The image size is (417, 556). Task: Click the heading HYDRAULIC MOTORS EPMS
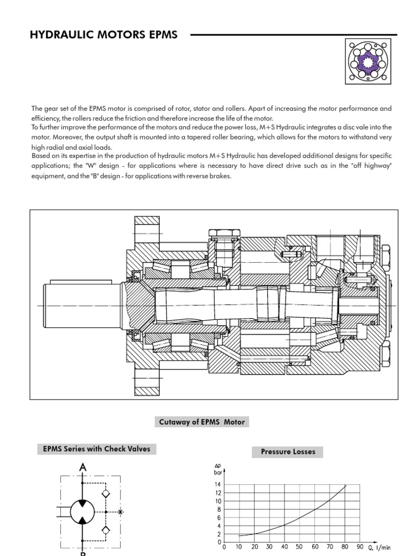pos(104,35)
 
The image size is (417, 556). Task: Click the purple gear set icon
pos(368,62)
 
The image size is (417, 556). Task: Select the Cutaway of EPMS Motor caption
pos(202,422)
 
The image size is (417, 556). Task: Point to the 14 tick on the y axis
pos(218,484)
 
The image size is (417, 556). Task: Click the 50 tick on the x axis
pos(299,547)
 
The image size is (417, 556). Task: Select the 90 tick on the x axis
pos(359,547)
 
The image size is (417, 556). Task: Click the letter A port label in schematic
pos(83,467)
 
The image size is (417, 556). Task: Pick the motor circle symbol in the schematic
pos(83,511)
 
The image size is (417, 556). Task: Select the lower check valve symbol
pos(106,529)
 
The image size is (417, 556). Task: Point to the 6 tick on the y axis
pos(218,517)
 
